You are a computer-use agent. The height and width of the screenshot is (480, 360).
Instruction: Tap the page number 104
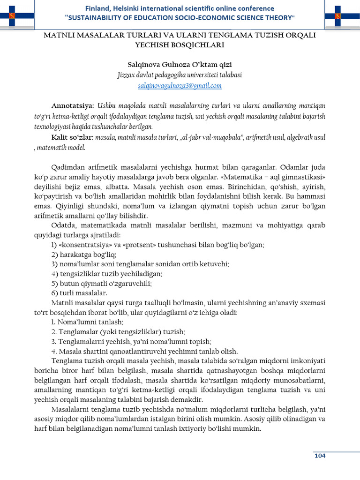click(x=320, y=456)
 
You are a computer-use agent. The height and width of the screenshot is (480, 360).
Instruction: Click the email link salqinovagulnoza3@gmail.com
click(x=180, y=86)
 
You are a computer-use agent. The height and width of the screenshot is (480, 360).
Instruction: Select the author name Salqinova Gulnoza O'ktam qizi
click(x=180, y=64)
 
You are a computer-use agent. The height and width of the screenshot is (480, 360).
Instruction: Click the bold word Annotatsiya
click(x=72, y=105)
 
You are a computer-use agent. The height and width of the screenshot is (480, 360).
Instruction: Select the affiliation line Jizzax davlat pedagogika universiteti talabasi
click(x=180, y=75)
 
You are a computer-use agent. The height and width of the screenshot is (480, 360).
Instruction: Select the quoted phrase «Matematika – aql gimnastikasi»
click(x=274, y=177)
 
